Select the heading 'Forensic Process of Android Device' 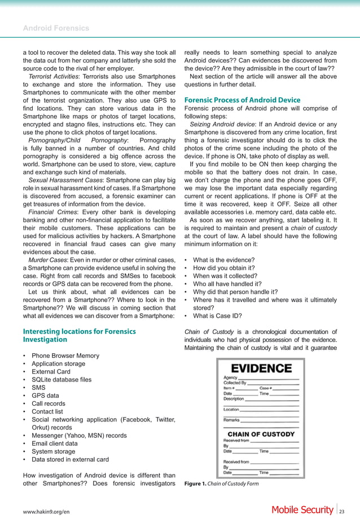(x=243, y=100)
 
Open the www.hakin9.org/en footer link (x=46, y=510)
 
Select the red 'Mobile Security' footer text (x=302, y=510)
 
